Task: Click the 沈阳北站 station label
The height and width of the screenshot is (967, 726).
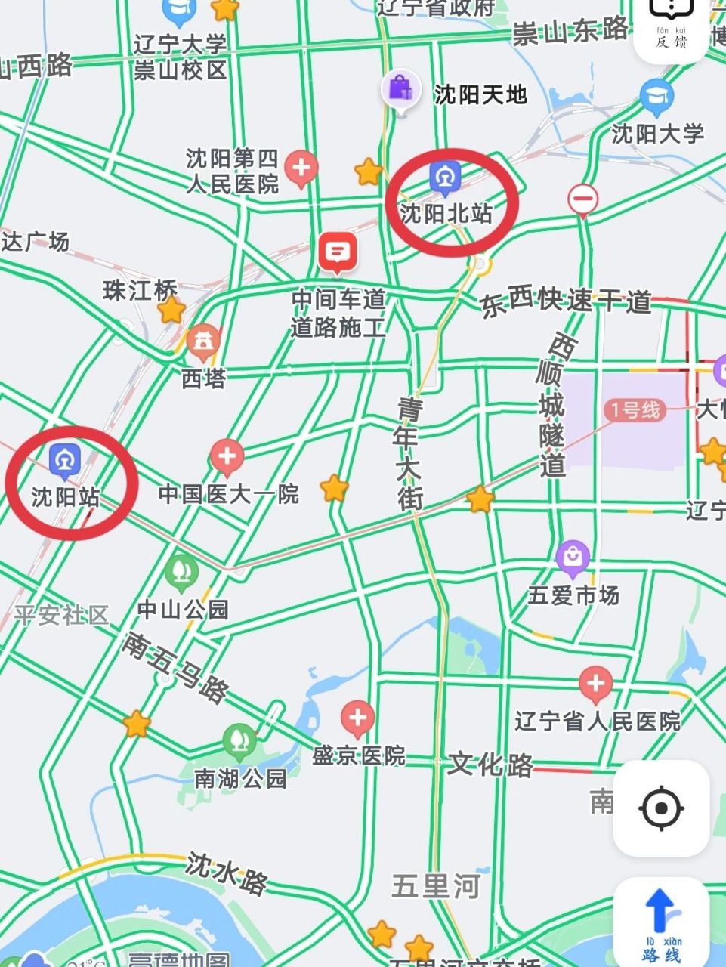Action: click(446, 213)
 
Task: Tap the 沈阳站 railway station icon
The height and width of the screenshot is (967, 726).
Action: click(65, 459)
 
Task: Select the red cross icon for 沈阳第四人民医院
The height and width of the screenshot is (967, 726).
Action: click(301, 167)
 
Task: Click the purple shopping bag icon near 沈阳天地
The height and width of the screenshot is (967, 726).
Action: click(400, 89)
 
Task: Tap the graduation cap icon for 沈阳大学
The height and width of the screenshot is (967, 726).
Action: click(656, 96)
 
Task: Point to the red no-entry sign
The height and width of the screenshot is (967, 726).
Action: click(582, 200)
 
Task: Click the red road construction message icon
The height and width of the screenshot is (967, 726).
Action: click(338, 252)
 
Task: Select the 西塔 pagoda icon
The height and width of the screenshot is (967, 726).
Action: click(203, 341)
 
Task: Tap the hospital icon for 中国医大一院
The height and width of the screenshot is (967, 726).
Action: click(226, 456)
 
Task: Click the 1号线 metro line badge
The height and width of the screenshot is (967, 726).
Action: click(635, 410)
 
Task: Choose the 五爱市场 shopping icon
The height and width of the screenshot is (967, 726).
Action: click(573, 558)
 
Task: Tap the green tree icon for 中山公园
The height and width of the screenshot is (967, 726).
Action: click(182, 571)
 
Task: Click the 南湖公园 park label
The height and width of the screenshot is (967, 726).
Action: click(240, 778)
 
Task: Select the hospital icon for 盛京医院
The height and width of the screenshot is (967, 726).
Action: click(358, 717)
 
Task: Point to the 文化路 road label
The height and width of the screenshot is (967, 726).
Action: click(490, 765)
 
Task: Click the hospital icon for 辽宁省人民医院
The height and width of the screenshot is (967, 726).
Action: click(595, 684)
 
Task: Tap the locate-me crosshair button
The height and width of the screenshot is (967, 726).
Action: click(661, 808)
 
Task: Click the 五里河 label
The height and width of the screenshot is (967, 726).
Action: click(436, 885)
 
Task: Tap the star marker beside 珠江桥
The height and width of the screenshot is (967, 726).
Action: click(171, 309)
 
